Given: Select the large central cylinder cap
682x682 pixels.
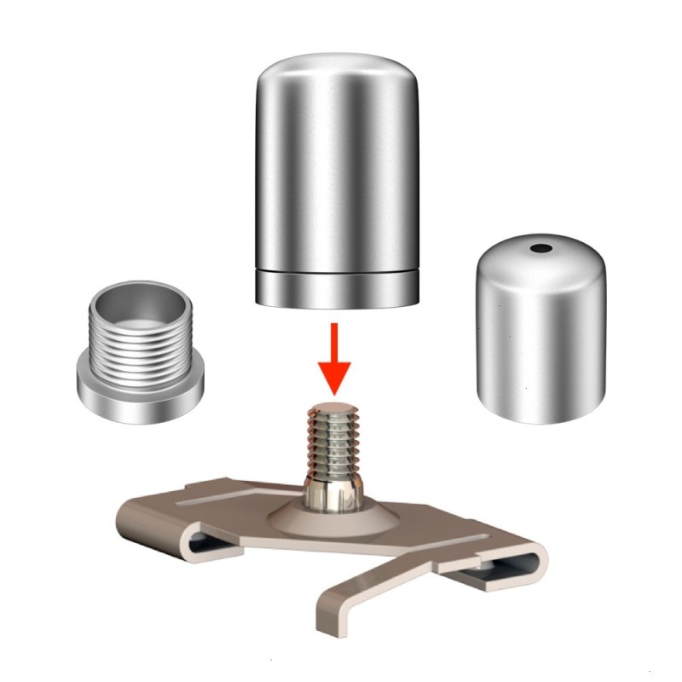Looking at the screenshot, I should tap(338, 170).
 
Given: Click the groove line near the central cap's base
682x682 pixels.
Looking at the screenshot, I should tap(338, 271).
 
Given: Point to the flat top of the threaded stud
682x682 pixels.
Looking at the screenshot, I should tap(338, 407).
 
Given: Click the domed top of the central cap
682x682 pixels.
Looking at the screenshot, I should tap(338, 68).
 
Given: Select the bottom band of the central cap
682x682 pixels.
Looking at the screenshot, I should tap(338, 288).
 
